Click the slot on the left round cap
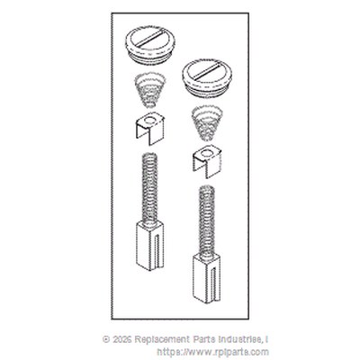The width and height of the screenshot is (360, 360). [x=150, y=38]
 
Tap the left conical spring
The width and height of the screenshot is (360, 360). [x=150, y=91]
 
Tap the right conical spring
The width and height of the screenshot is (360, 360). [x=207, y=122]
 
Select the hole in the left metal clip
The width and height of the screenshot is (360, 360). [x=149, y=121]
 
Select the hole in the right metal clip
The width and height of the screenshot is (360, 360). [x=206, y=154]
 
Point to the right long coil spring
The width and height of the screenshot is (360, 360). [x=207, y=221]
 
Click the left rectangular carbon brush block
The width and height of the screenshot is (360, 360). [x=150, y=245]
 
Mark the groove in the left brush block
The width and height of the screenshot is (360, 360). [x=157, y=250]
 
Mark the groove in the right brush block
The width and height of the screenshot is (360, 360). [x=214, y=283]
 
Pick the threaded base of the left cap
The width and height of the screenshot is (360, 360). [x=150, y=58]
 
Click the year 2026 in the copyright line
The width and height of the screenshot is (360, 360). [x=122, y=339]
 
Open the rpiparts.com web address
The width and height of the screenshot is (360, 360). [x=212, y=352]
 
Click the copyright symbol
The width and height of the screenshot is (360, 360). [x=106, y=339]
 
